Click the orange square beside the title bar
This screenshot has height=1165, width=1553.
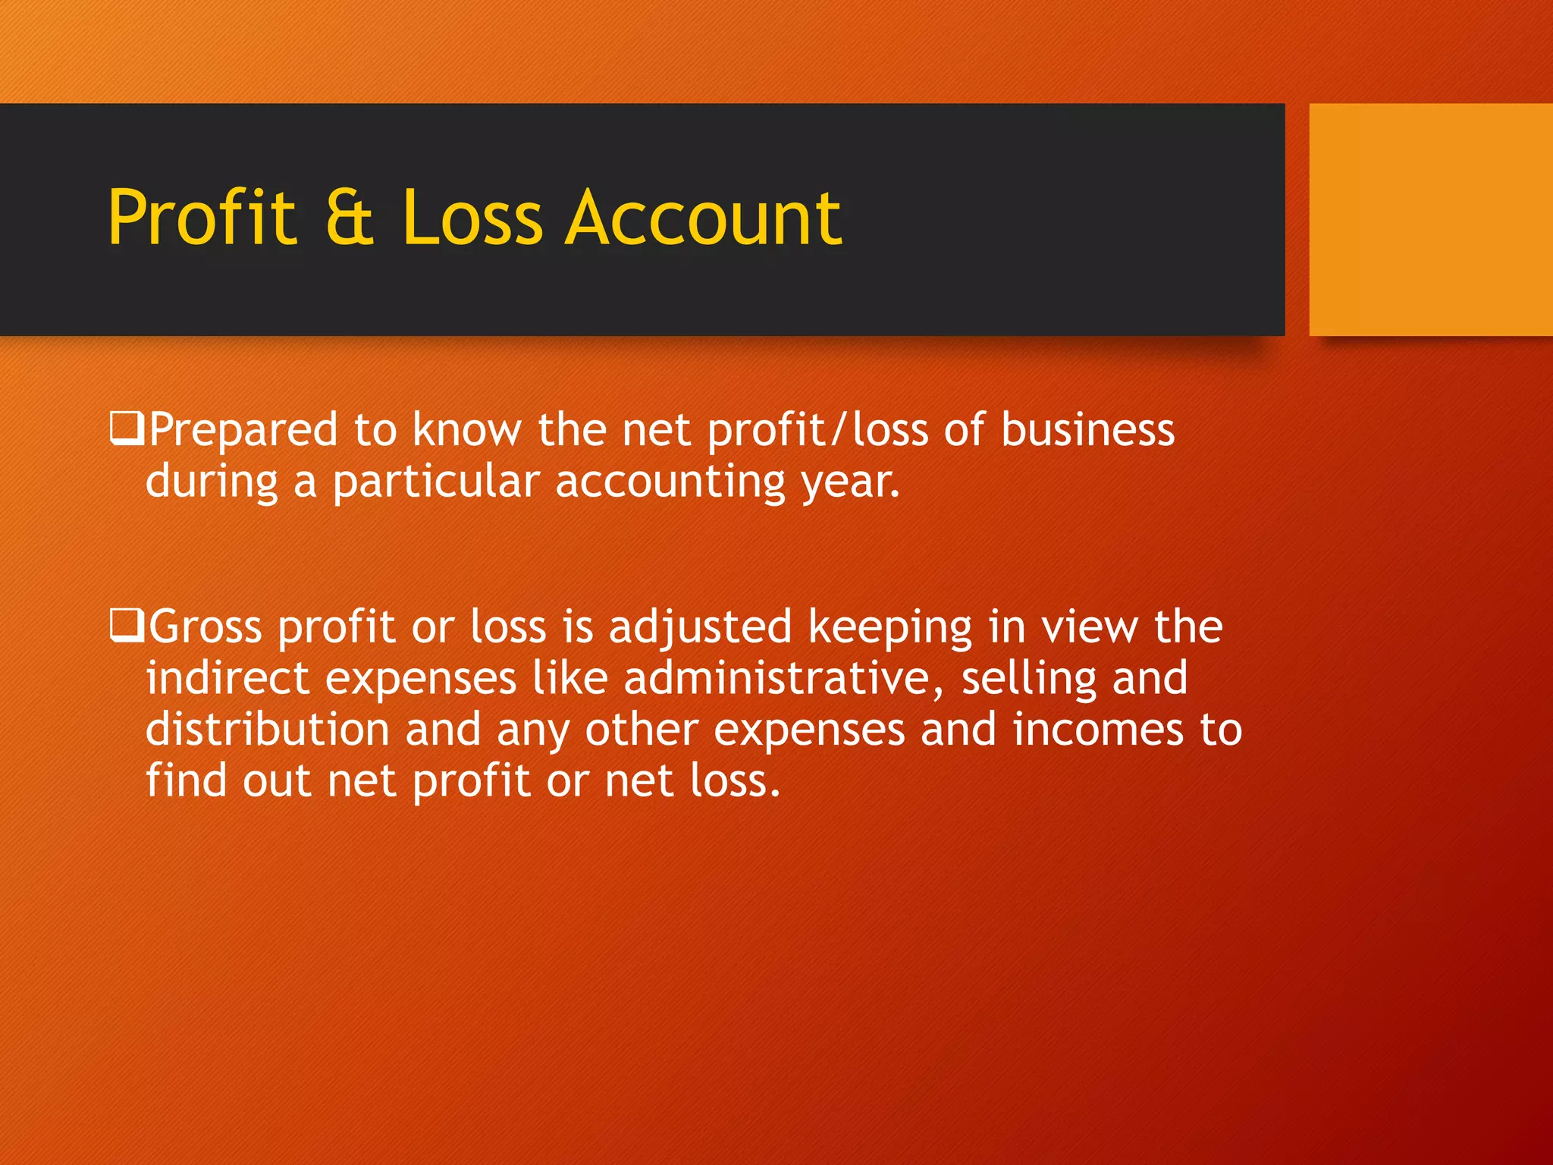point(1430,219)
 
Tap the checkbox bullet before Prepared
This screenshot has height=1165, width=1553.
point(126,429)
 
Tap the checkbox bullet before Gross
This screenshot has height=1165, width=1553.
point(126,626)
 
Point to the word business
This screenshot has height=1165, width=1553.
point(1087,430)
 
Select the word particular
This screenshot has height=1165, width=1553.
point(436,482)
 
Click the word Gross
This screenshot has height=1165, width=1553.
point(205,627)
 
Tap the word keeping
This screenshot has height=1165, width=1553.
point(889,629)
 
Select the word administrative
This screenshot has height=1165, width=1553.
point(784,678)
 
